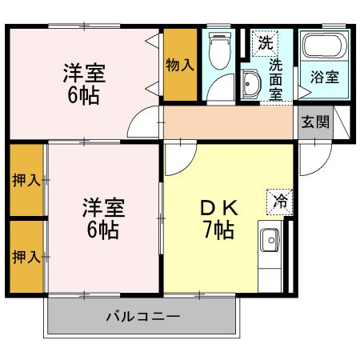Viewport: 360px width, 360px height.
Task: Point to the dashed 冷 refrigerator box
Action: [x=280, y=202]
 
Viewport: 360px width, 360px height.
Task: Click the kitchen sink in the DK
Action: [x=270, y=240]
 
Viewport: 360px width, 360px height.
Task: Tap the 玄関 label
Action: [x=315, y=122]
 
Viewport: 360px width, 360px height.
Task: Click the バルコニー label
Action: [x=143, y=318]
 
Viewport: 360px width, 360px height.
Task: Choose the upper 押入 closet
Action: [x=26, y=180]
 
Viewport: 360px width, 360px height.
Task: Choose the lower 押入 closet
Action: [x=26, y=257]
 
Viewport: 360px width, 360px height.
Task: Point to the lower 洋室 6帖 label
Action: [x=102, y=219]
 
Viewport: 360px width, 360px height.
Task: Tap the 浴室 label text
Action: [x=324, y=78]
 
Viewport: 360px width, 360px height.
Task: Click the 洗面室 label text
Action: [x=275, y=78]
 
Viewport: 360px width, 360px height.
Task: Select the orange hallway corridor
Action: [x=228, y=122]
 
